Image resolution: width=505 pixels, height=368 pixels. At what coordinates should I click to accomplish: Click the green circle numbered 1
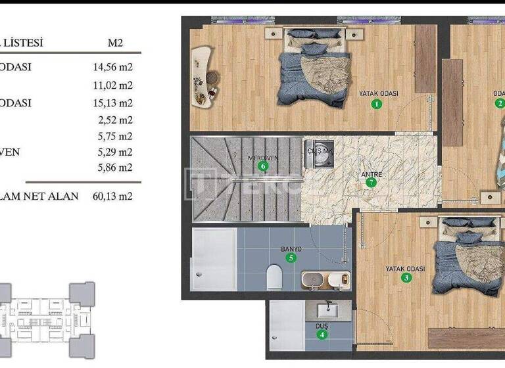(x=377, y=104)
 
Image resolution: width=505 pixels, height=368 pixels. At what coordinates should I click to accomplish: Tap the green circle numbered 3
(x=406, y=278)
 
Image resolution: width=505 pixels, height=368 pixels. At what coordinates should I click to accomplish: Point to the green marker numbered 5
(x=291, y=258)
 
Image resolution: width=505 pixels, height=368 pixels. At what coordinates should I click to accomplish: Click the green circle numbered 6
(x=264, y=166)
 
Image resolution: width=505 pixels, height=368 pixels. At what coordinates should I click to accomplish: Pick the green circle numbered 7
(x=372, y=183)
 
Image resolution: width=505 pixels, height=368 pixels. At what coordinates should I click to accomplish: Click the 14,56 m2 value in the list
(x=113, y=67)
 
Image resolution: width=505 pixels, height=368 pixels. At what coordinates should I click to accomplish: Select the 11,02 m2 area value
(x=113, y=85)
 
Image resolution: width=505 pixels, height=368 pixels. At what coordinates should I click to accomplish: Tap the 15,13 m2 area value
(x=113, y=103)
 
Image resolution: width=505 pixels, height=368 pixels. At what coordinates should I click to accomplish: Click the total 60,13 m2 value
(x=113, y=196)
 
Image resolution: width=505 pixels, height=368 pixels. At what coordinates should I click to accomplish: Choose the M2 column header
(x=115, y=43)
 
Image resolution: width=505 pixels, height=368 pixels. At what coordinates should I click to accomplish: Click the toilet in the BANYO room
(x=274, y=277)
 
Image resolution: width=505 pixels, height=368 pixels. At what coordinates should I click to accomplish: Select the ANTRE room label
(x=372, y=174)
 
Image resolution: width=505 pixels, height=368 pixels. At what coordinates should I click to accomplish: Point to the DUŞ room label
(x=322, y=327)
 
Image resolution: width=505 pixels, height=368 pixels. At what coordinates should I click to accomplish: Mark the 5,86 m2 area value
(x=116, y=168)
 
